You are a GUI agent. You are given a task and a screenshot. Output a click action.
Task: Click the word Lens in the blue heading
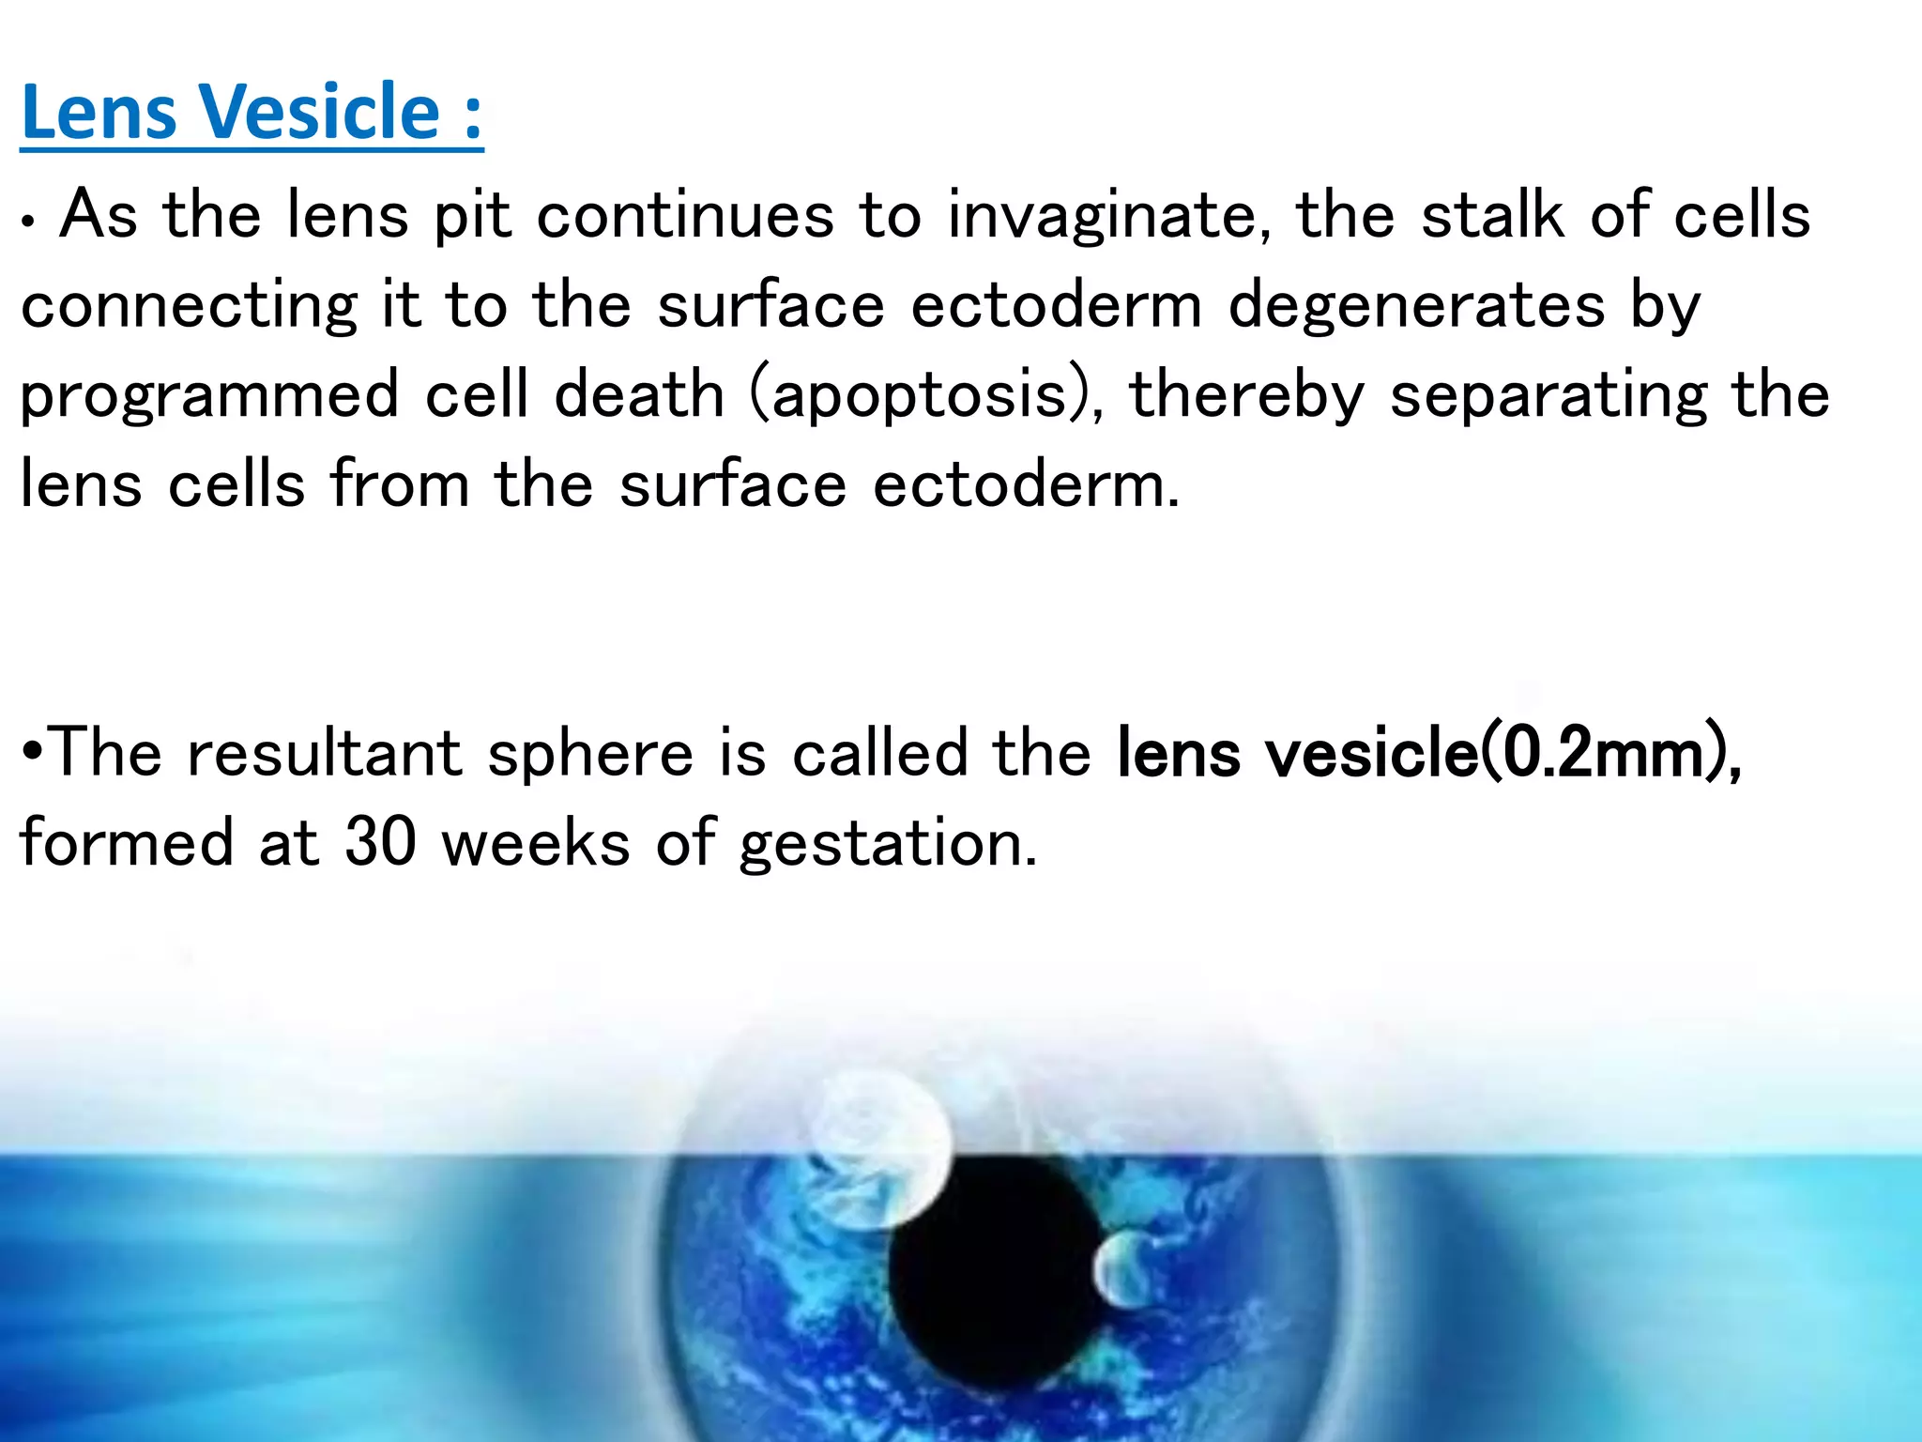(99, 112)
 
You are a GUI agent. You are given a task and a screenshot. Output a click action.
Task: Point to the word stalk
(1493, 215)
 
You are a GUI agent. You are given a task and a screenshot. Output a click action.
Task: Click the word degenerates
(1416, 305)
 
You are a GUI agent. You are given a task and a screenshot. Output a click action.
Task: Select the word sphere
(590, 753)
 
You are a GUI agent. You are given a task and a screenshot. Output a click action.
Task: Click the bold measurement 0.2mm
(1605, 753)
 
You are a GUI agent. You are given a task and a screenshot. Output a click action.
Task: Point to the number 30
(380, 841)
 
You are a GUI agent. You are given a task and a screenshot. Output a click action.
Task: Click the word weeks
(536, 842)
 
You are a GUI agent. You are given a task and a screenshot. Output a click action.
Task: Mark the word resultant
(325, 753)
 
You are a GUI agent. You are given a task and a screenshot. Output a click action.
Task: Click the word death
(639, 394)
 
